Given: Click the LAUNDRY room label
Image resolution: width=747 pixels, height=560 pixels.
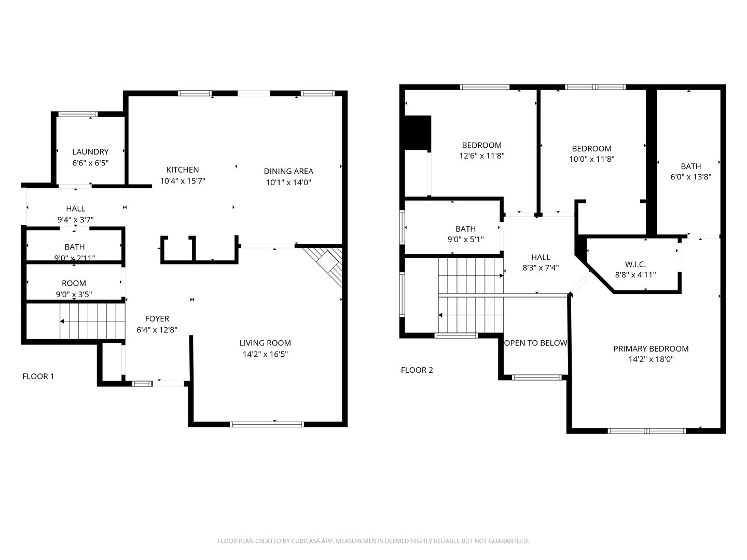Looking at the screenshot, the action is [90, 151].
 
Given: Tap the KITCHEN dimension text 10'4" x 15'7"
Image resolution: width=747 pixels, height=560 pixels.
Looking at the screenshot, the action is [183, 181].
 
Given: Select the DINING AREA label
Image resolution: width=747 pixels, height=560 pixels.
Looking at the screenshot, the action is [288, 171].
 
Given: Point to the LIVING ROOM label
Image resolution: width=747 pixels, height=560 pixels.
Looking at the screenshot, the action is [265, 343].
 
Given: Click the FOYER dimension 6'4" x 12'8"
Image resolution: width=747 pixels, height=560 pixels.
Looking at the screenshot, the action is [157, 330].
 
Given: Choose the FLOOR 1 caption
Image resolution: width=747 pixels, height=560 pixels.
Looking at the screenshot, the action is [38, 376].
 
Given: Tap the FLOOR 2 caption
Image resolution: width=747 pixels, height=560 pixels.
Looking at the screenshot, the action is [417, 370].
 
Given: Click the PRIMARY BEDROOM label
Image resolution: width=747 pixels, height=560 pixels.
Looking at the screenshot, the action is [651, 348].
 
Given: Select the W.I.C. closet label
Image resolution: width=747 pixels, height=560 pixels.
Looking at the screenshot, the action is [635, 264].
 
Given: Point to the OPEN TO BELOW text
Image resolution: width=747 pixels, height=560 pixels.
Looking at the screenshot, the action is [536, 343].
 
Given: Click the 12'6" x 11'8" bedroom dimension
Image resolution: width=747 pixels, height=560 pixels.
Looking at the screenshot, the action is [481, 156].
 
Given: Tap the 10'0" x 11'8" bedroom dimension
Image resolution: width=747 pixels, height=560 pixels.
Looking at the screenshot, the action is [592, 159].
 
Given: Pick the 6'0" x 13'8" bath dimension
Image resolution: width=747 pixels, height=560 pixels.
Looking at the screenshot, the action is [691, 177].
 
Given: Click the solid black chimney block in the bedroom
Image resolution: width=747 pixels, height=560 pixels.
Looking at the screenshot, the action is [418, 133].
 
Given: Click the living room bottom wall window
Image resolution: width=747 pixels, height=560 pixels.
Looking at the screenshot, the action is [267, 424].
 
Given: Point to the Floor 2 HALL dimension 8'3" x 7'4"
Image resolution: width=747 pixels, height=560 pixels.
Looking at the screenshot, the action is [541, 268].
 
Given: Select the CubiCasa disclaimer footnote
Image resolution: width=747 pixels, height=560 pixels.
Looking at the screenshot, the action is [374, 541].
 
